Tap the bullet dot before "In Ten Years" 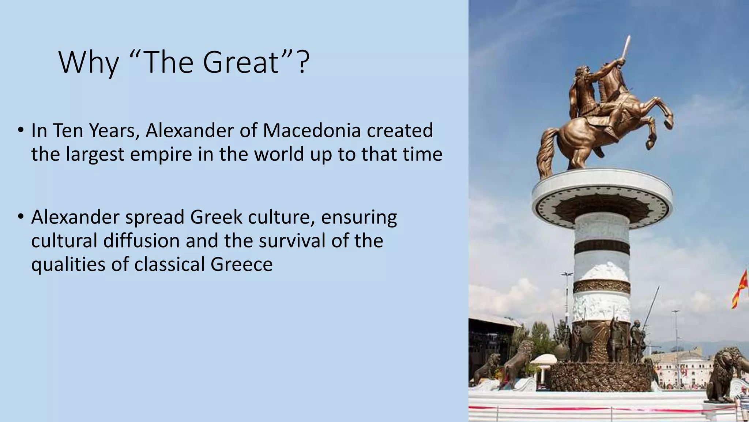[20, 131]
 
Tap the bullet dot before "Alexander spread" [20, 217]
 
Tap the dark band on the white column [602, 248]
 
